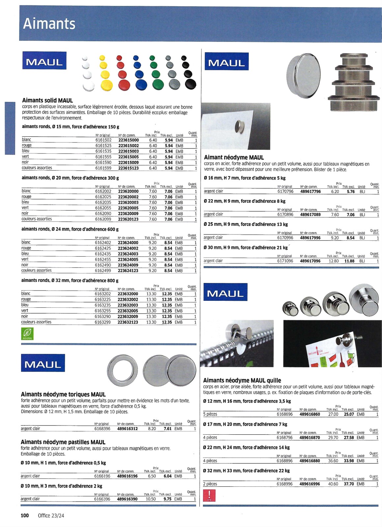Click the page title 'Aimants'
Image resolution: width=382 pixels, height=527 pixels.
tap(49, 24)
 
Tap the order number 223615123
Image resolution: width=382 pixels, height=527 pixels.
tap(128, 168)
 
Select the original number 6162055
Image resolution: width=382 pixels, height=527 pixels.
tap(103, 208)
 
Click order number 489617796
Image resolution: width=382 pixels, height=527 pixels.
tap(310, 192)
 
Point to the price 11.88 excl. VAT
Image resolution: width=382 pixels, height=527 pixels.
tap(349, 261)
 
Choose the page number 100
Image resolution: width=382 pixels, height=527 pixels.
tap(25, 515)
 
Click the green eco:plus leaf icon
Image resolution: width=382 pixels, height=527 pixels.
tap(27, 334)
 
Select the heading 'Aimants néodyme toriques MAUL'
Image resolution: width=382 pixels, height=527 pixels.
tap(63, 394)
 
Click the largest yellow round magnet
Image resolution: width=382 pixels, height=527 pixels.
tap(106, 85)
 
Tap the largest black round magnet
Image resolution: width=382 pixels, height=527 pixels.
tap(191, 84)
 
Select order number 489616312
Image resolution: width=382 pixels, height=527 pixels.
tap(127, 429)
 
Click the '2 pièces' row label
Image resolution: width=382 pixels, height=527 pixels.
tap(210, 484)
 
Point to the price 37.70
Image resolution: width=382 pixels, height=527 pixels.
tap(349, 484)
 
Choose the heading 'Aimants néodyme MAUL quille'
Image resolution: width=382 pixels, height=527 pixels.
tap(242, 381)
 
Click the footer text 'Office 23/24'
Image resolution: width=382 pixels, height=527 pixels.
tap(51, 515)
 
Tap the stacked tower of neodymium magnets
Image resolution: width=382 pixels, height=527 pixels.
tap(353, 82)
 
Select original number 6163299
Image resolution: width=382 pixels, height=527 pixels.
tap(103, 322)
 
